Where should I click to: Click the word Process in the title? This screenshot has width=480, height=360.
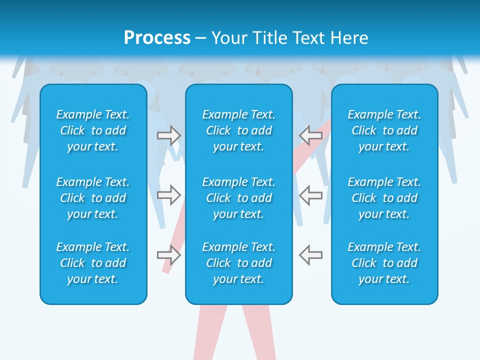[157, 38]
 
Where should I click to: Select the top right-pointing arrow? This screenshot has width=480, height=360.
[169, 135]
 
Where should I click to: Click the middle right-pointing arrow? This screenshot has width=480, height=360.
[169, 195]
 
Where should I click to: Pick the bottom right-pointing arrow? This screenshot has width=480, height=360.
[169, 255]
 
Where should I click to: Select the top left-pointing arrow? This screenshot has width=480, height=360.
[310, 135]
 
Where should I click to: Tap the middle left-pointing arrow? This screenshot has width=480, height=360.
[310, 195]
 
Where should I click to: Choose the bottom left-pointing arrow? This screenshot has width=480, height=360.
[310, 255]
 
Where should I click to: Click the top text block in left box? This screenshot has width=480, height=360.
[93, 130]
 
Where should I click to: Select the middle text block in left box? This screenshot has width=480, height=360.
[93, 198]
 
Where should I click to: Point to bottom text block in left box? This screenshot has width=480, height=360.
[93, 263]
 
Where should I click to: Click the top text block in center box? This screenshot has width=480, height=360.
[238, 130]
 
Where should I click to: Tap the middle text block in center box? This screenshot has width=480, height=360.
[238, 198]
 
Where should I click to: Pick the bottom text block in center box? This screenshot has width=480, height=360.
[238, 263]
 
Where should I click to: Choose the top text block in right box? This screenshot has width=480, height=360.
[384, 130]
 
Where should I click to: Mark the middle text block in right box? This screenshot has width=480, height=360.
[384, 198]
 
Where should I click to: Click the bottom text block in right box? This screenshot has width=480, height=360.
[384, 263]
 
